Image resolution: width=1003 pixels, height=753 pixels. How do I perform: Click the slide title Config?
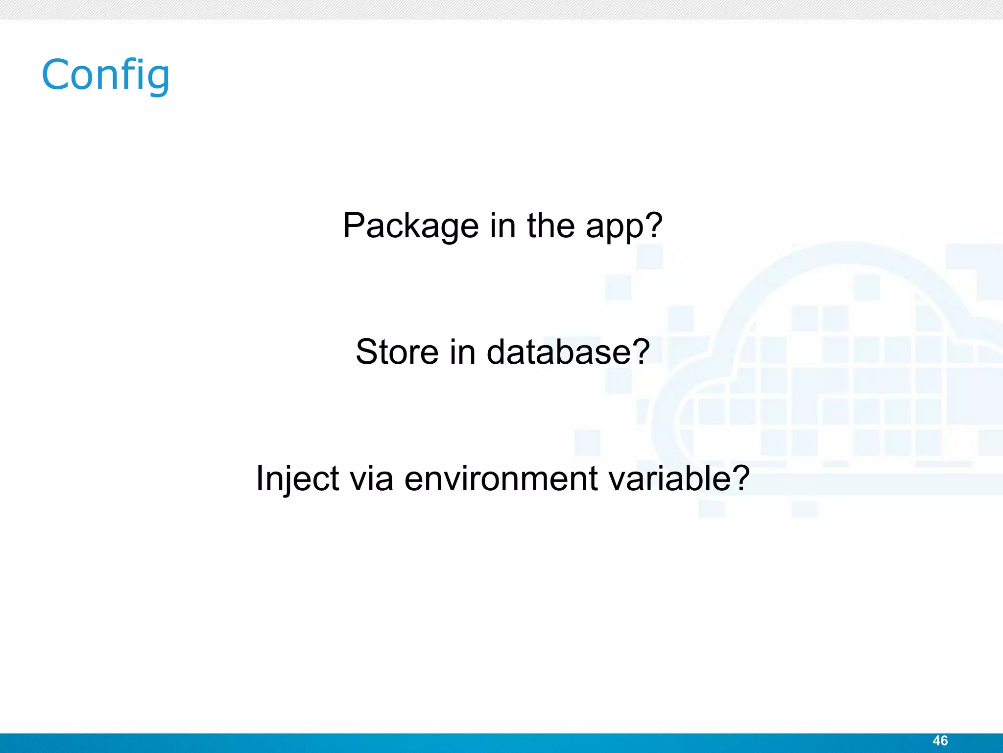point(105,75)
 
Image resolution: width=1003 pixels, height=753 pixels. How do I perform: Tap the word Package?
point(410,226)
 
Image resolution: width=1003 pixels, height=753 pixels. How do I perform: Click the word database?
point(568,352)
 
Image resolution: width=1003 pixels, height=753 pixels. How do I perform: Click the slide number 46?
point(940,740)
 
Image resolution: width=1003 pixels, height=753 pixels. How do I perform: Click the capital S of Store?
point(367,352)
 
